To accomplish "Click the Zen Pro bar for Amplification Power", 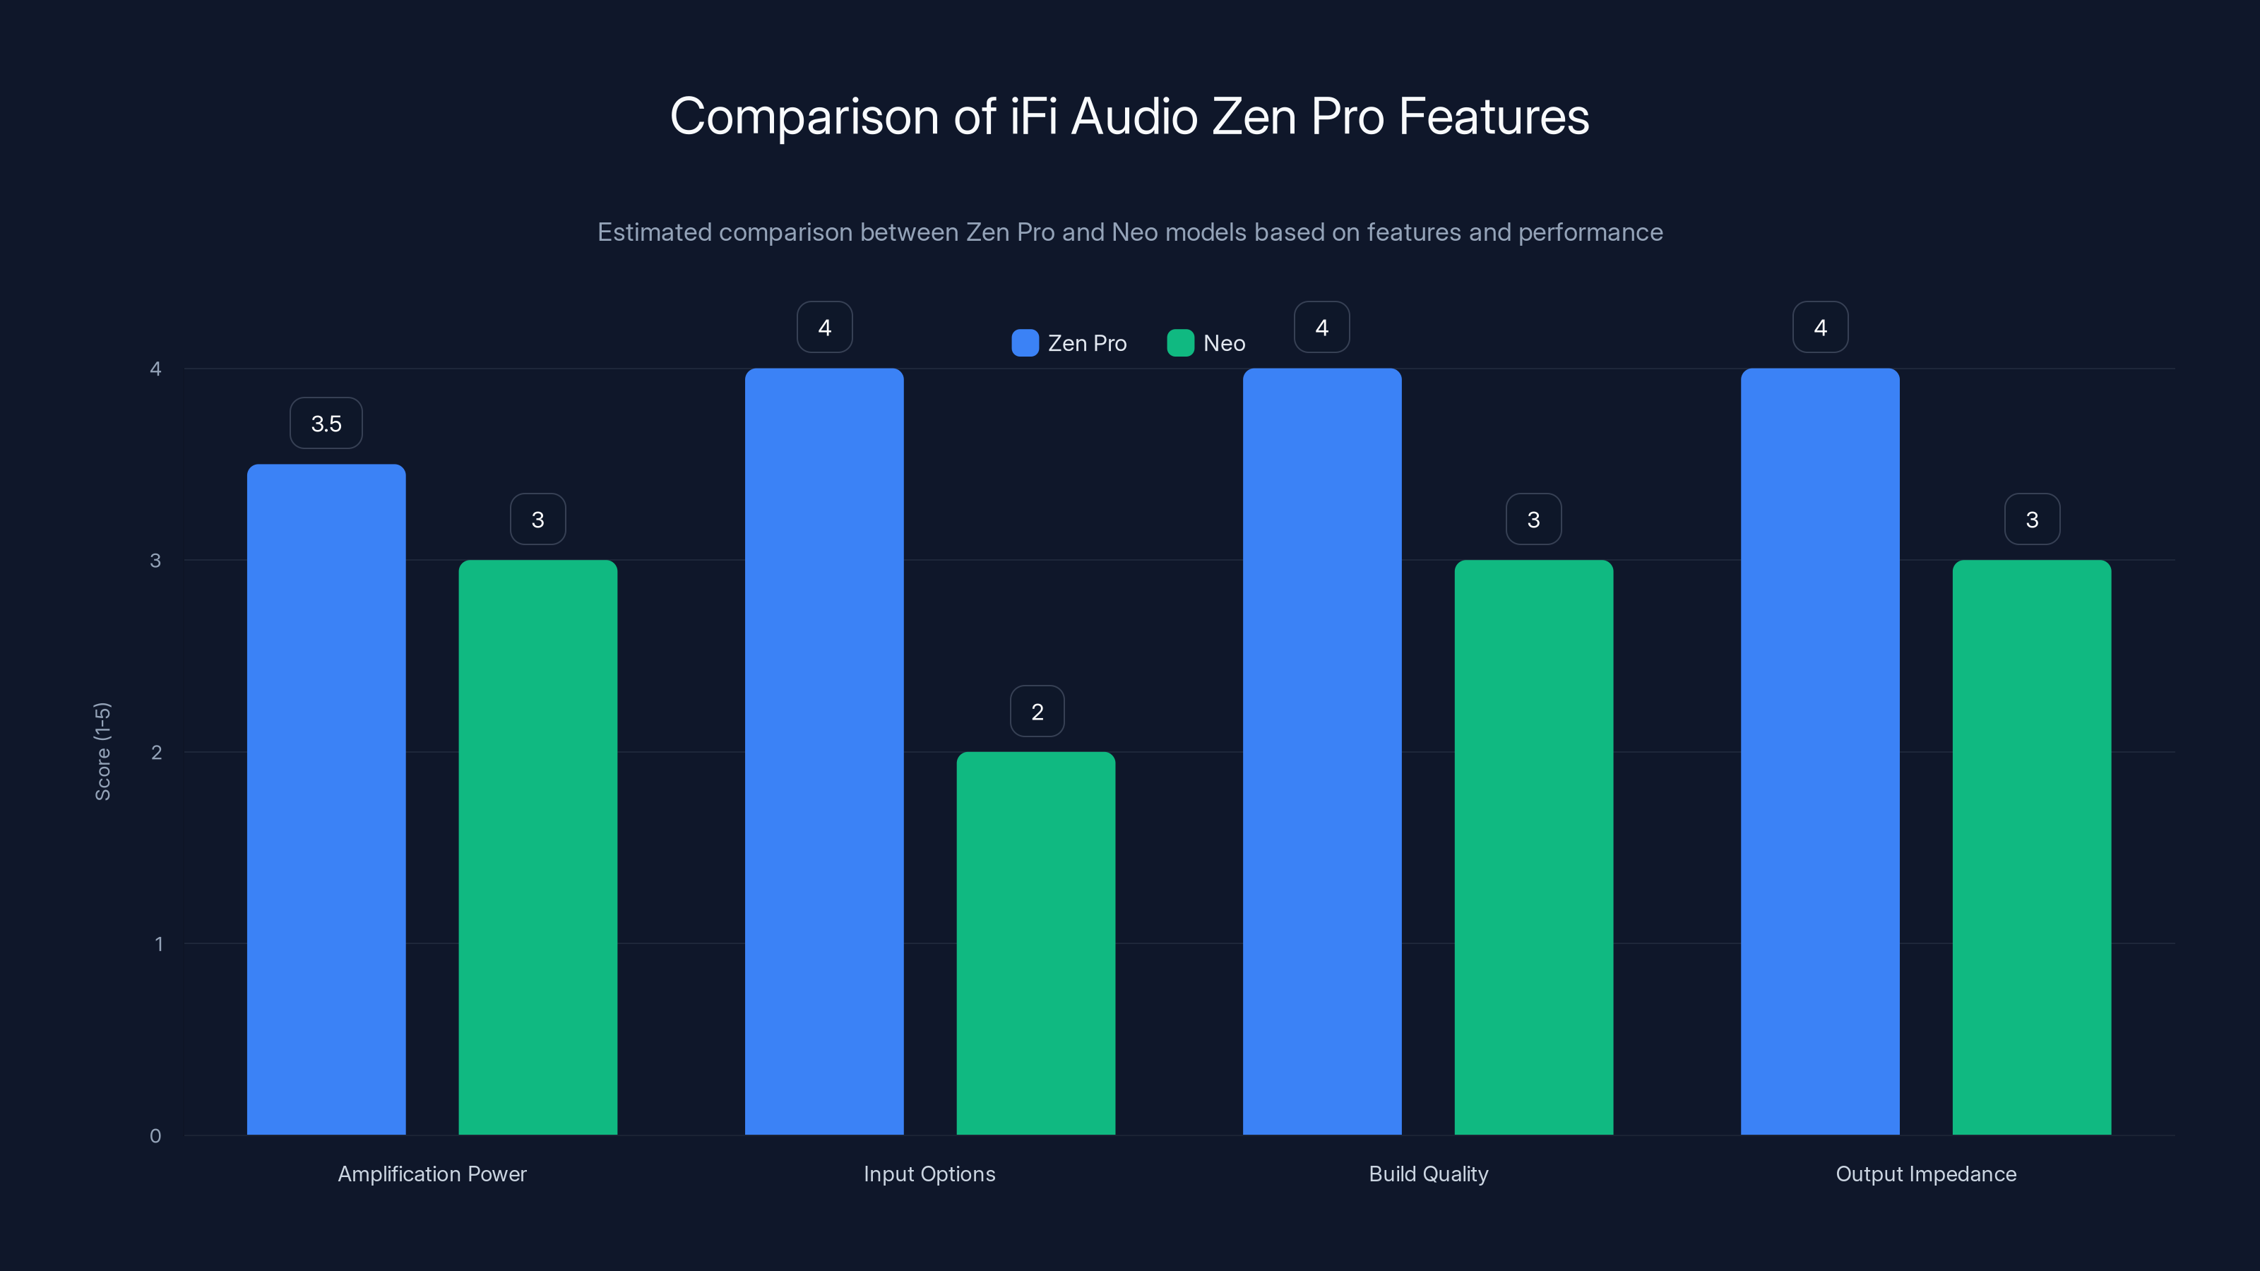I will click(326, 798).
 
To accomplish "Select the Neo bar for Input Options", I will click(1035, 943).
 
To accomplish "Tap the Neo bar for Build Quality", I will click(1533, 847).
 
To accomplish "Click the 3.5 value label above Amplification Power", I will click(326, 424).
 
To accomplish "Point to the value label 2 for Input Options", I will click(1037, 711).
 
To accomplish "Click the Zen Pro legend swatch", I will click(1025, 343).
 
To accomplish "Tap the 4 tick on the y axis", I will click(156, 369).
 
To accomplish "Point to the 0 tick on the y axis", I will click(156, 1136).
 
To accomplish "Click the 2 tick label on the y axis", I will click(156, 753).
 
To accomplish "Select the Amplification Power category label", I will click(432, 1174).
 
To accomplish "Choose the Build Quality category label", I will click(1428, 1174).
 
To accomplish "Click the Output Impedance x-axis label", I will click(1926, 1174).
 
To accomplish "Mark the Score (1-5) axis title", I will click(102, 751).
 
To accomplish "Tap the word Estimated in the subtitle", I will click(653, 232).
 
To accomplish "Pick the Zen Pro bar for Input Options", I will click(823, 751).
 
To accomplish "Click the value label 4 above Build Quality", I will click(1321, 327).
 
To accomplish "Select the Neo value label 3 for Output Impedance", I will click(2032, 519).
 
